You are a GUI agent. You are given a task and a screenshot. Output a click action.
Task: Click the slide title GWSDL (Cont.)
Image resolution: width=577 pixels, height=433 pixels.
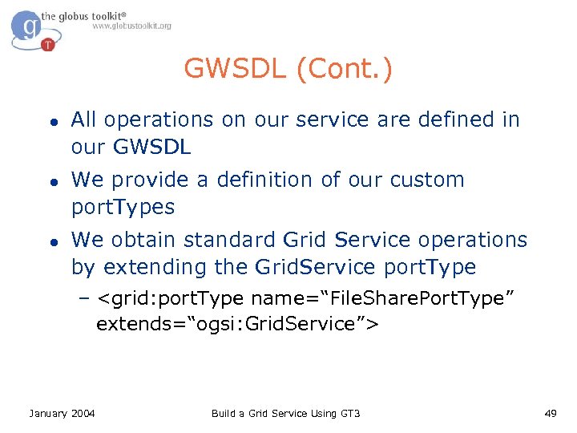(288, 69)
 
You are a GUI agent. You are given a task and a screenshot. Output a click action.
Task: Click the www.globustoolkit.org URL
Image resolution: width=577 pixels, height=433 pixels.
(131, 26)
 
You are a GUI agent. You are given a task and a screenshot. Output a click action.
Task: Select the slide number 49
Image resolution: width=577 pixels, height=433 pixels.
(550, 413)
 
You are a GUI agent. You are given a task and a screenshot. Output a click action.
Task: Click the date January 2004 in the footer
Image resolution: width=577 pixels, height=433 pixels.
(62, 413)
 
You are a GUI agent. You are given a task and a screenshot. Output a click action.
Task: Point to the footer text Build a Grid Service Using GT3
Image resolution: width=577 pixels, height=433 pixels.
(285, 413)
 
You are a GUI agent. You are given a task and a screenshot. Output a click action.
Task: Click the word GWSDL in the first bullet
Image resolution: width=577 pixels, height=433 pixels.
(151, 147)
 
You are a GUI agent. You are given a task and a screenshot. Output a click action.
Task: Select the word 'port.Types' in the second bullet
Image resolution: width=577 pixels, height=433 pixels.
(123, 207)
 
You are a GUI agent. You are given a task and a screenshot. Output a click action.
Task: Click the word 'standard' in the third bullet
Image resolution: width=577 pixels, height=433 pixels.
(231, 240)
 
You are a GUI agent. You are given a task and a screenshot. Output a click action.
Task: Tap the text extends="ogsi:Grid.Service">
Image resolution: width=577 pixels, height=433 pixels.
(237, 324)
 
